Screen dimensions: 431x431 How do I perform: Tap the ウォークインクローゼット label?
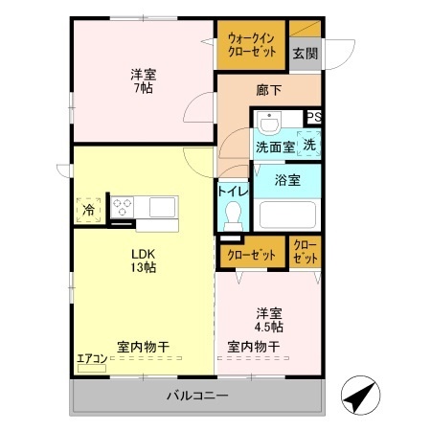[252, 44]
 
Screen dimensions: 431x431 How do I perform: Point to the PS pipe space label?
[313, 117]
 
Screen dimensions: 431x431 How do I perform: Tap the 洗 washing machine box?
[309, 145]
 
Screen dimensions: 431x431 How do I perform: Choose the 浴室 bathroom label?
[288, 179]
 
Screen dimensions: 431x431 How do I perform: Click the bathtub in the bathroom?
[288, 215]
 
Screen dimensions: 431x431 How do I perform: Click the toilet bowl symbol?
[232, 220]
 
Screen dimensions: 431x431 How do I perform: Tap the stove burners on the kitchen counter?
[124, 204]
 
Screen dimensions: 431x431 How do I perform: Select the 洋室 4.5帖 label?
[269, 320]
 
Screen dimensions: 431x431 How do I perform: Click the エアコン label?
[92, 359]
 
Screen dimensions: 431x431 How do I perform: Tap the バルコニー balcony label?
[195, 395]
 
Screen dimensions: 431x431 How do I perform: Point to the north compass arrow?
[357, 395]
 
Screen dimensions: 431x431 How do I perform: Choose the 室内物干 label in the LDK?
[144, 346]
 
